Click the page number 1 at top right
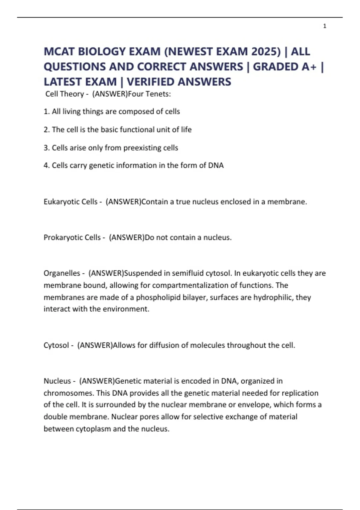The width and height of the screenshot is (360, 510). point(325,26)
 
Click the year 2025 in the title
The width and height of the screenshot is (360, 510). point(265,52)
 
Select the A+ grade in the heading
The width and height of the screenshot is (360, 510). point(309,67)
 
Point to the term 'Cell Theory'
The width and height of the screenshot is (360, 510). point(64,94)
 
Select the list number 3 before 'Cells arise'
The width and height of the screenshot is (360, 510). point(46,148)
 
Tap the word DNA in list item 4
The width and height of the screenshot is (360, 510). point(216,165)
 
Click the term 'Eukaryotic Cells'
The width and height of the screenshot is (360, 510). point(70,202)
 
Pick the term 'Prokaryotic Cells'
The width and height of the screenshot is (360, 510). point(72,237)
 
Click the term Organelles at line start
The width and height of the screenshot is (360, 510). point(62,273)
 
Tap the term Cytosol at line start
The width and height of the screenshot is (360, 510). point(56,345)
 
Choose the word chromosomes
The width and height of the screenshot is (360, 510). point(68,393)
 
